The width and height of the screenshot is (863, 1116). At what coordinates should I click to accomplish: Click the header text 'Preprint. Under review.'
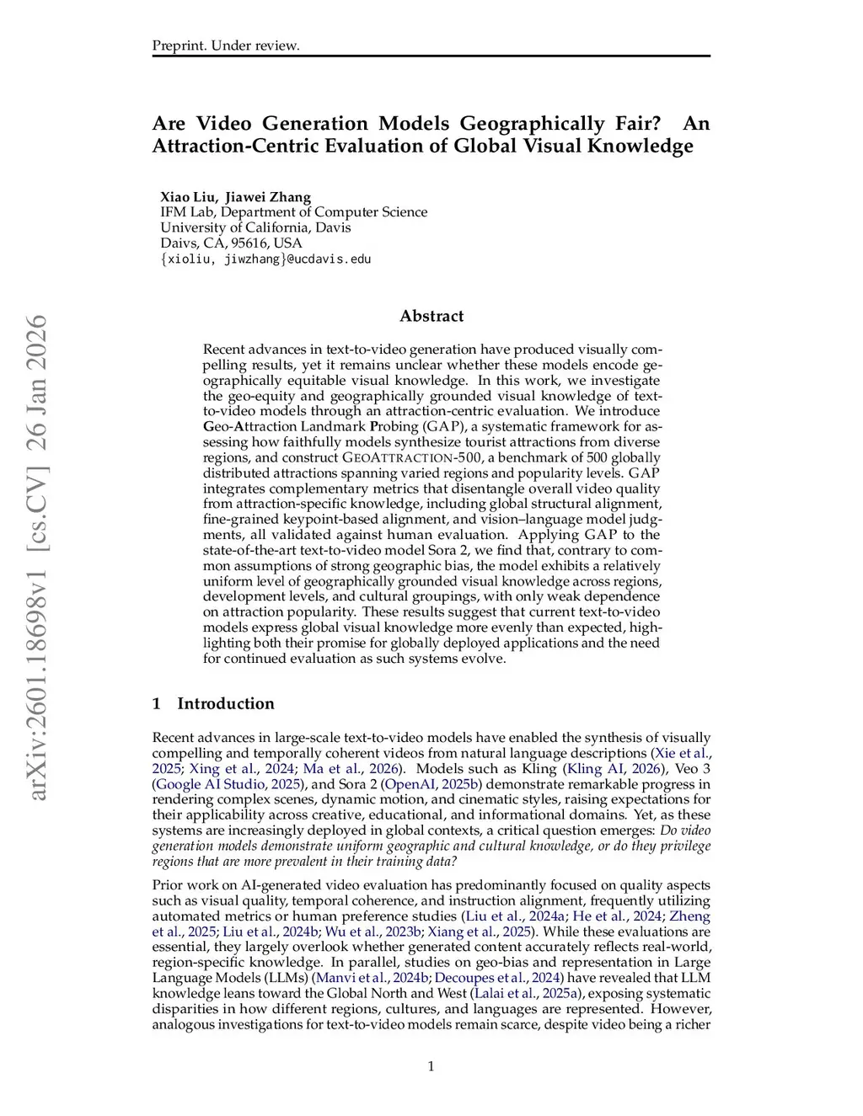pyautogui.click(x=225, y=45)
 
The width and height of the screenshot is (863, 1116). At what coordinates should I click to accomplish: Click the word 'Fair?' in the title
pyautogui.click(x=637, y=124)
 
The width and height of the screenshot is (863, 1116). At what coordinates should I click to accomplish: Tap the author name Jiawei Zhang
pyautogui.click(x=268, y=197)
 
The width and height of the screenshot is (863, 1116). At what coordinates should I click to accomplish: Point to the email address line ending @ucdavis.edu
pyautogui.click(x=265, y=259)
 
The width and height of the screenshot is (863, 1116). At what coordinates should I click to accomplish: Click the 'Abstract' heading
pyautogui.click(x=431, y=316)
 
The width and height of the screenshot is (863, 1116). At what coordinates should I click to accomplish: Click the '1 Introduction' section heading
pyautogui.click(x=213, y=703)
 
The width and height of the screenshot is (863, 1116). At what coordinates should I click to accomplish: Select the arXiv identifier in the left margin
pyautogui.click(x=38, y=557)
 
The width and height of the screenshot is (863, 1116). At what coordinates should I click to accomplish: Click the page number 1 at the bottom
pyautogui.click(x=431, y=1066)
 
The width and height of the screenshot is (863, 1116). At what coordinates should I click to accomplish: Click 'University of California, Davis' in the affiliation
pyautogui.click(x=255, y=227)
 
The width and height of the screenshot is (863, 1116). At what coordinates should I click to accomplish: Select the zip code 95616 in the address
pyautogui.click(x=249, y=243)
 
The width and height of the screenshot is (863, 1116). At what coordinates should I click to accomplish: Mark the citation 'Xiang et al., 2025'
pyautogui.click(x=480, y=932)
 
